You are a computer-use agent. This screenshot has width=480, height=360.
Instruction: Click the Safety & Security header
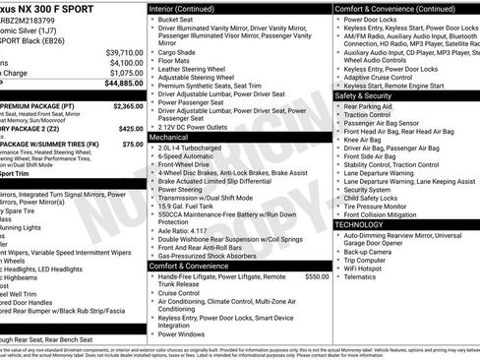click(368, 95)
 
